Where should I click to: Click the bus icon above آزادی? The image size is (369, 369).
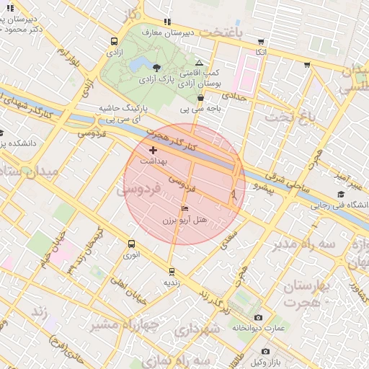click(x=114, y=41)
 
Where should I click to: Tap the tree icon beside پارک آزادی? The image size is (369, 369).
click(x=157, y=66)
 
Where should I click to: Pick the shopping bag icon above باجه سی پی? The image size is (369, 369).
click(x=200, y=98)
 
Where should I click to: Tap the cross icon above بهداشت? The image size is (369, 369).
click(x=153, y=151)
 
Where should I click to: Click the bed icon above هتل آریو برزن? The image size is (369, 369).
click(x=185, y=209)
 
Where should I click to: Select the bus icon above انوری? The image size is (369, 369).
click(x=130, y=244)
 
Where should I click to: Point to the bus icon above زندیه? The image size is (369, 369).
click(x=172, y=271)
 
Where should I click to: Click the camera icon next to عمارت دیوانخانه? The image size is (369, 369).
click(x=258, y=318)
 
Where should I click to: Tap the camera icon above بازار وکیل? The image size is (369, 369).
click(x=265, y=351)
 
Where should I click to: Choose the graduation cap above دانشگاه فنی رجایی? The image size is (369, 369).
click(x=340, y=194)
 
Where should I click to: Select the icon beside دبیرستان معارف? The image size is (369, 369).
click(x=168, y=22)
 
